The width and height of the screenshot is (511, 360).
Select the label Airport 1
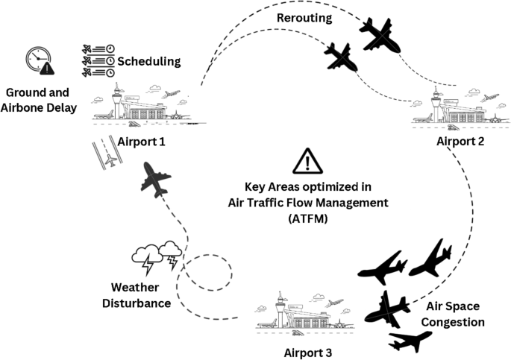[x=142, y=141]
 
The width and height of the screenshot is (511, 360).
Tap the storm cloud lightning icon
[x=157, y=257]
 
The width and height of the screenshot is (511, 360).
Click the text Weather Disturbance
[x=139, y=295]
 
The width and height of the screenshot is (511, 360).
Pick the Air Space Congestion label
[x=454, y=314]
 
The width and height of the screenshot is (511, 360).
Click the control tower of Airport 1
[x=119, y=101]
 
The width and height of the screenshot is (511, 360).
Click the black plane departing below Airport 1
[x=155, y=180]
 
